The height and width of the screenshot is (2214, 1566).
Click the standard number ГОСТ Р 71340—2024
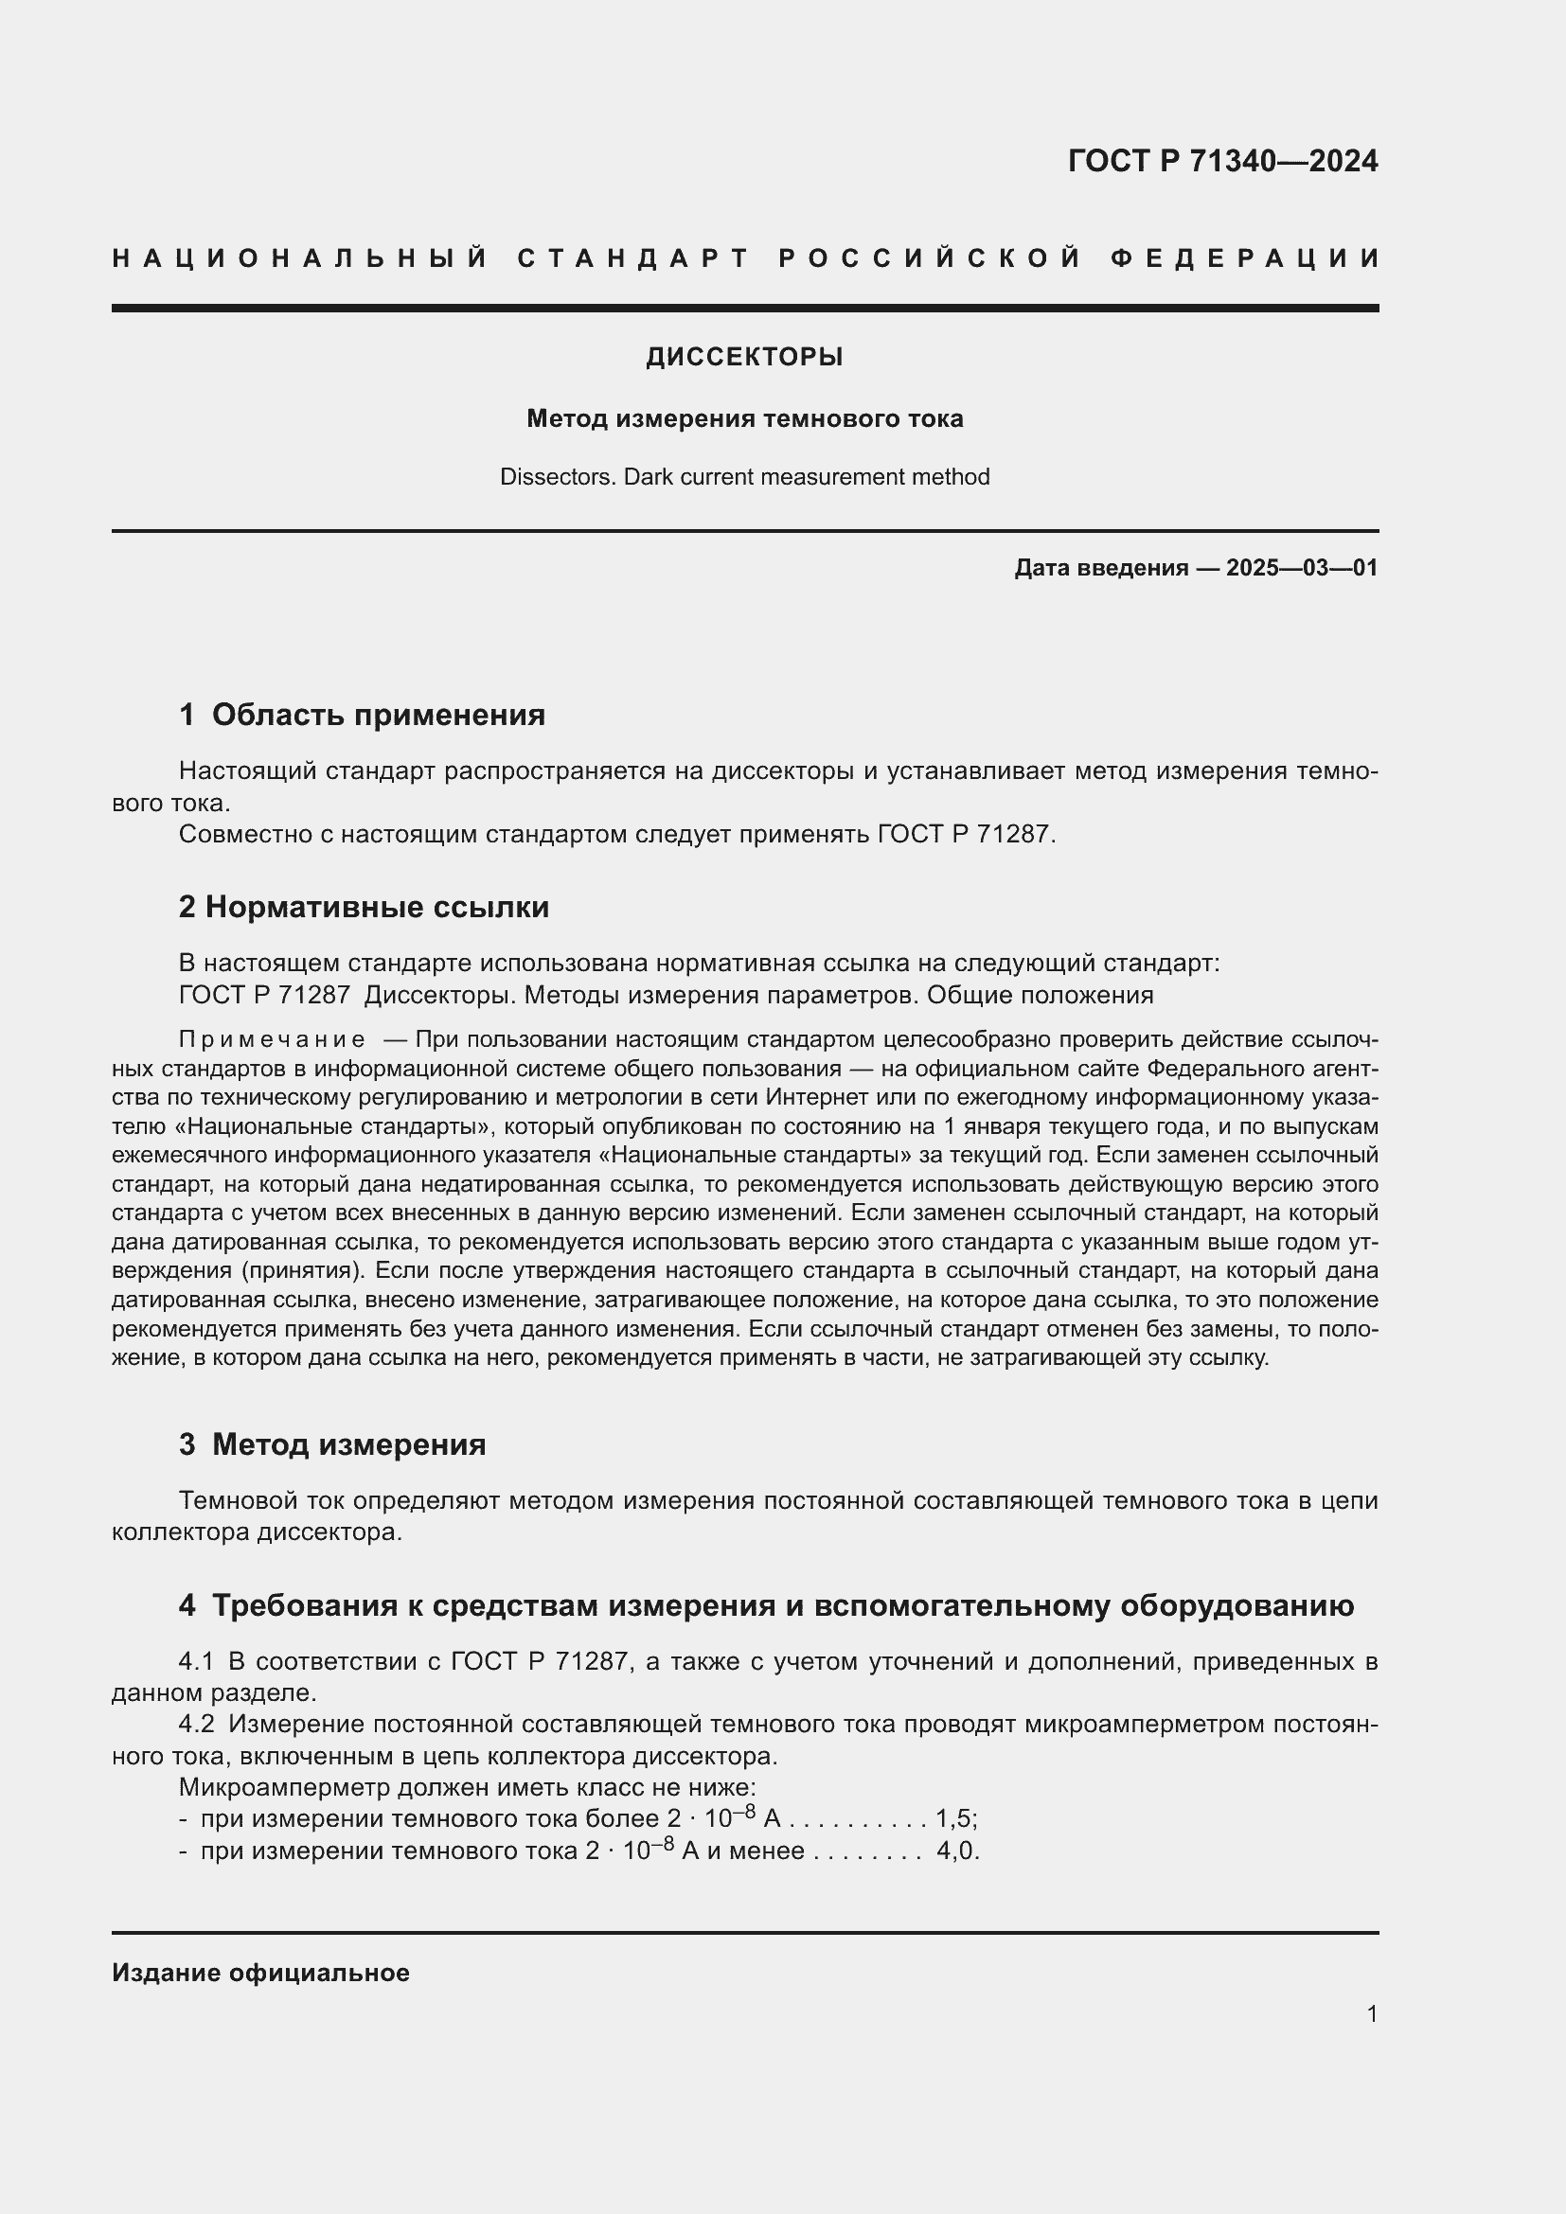[x=1221, y=161]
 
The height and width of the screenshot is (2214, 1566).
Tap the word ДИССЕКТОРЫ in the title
[x=744, y=358]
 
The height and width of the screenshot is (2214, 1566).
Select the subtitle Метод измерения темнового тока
[x=744, y=419]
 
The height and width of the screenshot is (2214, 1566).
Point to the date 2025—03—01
[x=1302, y=568]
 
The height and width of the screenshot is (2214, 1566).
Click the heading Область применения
[x=378, y=715]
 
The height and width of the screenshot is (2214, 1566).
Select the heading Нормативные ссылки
[x=377, y=907]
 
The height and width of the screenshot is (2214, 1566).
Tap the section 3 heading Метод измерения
[x=348, y=1444]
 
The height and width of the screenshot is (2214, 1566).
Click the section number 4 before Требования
[x=187, y=1605]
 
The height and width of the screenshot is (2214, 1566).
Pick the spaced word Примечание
[x=272, y=1039]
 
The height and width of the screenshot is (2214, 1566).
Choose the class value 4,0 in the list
[x=957, y=1851]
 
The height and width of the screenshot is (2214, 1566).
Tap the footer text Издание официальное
[x=260, y=1973]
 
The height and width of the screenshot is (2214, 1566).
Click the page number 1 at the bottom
[x=1372, y=2013]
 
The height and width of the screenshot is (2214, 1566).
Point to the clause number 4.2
[x=197, y=1724]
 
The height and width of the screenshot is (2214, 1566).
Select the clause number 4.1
[x=197, y=1661]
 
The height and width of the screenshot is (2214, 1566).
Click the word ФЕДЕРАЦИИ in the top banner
[x=1245, y=258]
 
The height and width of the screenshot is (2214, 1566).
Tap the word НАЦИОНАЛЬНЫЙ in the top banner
[x=300, y=258]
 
